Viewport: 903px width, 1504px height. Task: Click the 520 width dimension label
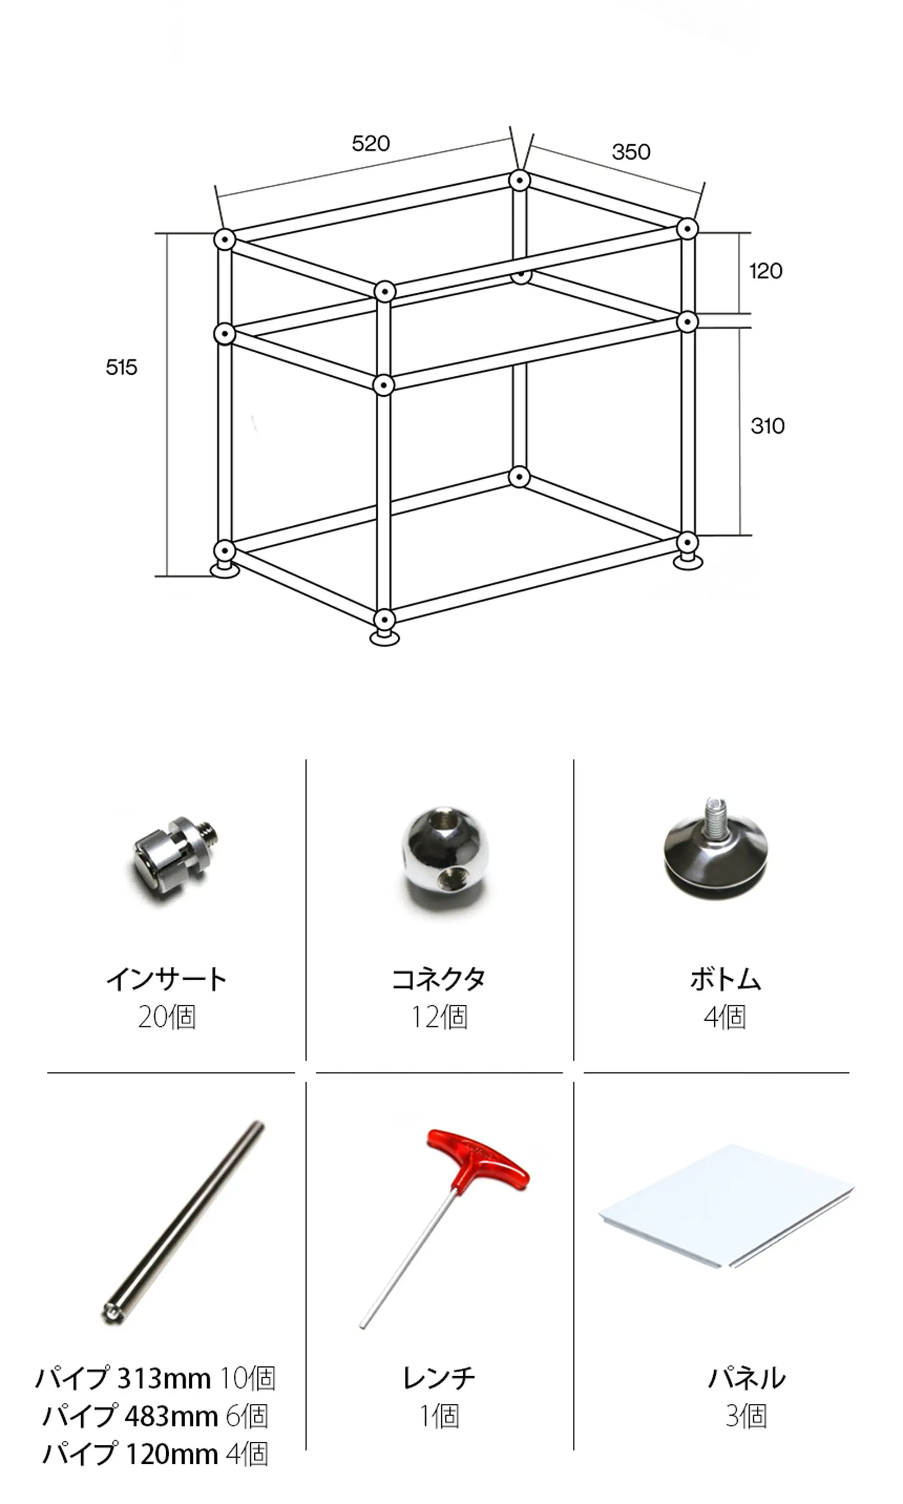pos(371,144)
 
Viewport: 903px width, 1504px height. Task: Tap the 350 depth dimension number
pos(631,152)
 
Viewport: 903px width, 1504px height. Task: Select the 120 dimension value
pos(765,271)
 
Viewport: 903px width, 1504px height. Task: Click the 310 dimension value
pos(767,426)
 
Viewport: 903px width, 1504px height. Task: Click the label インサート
pos(166,980)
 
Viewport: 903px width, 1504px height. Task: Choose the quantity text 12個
pos(439,1017)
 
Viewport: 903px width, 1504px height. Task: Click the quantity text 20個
pos(167,1017)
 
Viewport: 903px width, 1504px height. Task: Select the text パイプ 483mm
pos(130,1416)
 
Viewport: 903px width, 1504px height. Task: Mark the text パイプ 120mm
pos(130,1454)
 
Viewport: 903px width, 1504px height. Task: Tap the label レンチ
pos(439,1378)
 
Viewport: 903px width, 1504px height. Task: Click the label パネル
pos(747,1378)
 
